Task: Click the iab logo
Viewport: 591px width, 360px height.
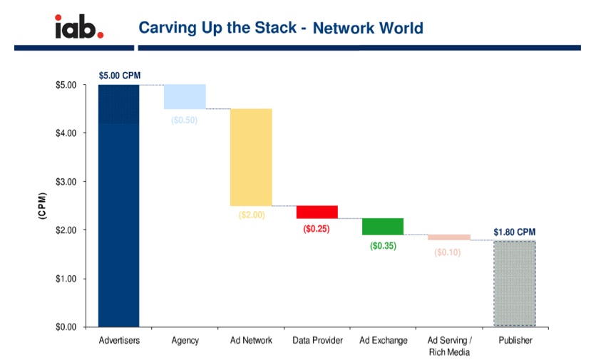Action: [78, 26]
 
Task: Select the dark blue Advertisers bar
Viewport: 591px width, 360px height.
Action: [118, 207]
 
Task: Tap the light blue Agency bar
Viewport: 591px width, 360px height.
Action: [185, 97]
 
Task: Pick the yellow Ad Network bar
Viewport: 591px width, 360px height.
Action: [251, 157]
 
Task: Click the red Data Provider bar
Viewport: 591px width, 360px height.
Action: [317, 212]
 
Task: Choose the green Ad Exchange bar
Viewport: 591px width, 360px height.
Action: [383, 226]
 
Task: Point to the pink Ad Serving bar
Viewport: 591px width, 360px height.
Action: [449, 237]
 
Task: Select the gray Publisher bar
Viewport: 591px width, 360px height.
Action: [515, 283]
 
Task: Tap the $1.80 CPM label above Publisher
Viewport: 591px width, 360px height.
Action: [514, 232]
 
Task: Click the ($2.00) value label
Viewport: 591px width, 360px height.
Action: [251, 215]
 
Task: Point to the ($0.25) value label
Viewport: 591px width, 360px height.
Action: [317, 229]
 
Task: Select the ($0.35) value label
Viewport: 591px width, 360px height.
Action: [383, 246]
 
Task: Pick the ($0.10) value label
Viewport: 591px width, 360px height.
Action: [448, 252]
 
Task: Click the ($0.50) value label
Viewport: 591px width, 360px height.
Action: [185, 120]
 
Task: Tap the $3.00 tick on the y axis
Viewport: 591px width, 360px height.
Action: [67, 181]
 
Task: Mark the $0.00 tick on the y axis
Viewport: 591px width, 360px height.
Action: [67, 326]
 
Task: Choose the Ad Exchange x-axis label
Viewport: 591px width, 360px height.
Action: [383, 341]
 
